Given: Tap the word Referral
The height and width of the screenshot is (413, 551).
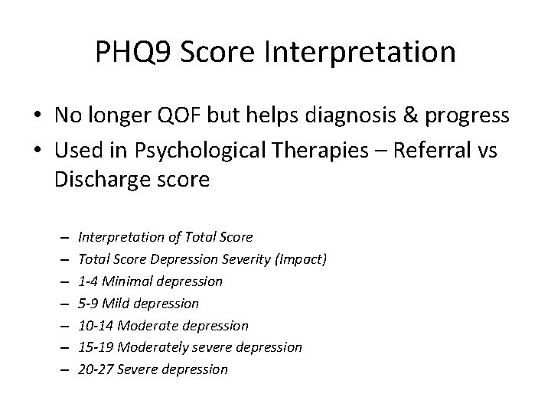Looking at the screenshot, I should pyautogui.click(x=425, y=151).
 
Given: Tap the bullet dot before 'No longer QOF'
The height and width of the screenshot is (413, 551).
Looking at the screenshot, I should pyautogui.click(x=37, y=116).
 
